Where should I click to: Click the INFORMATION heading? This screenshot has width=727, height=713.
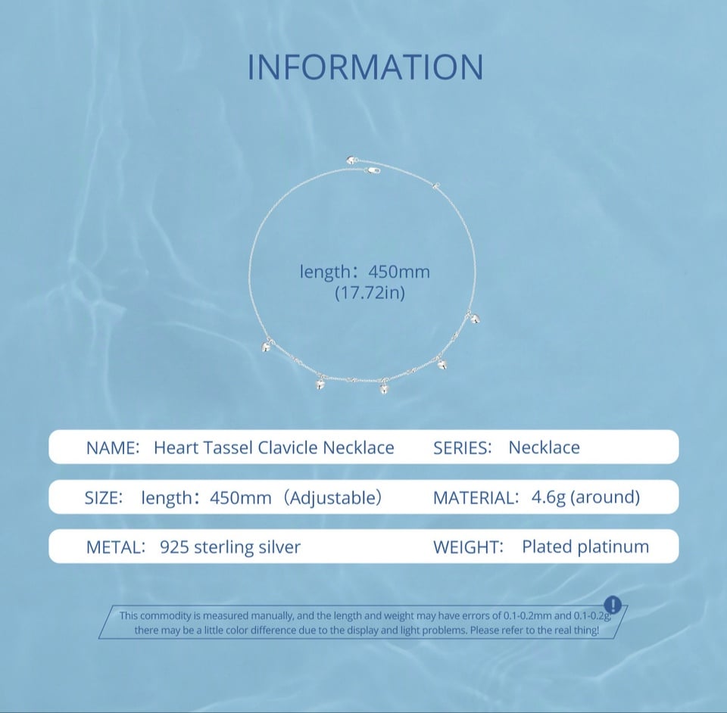(365, 67)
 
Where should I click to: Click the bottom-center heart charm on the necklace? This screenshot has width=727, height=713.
(384, 388)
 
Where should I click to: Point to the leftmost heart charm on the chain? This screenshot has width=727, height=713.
(267, 346)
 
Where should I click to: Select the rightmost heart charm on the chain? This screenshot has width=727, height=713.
(474, 319)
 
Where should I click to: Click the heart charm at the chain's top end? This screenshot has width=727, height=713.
(351, 160)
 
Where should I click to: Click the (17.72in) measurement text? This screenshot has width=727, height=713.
(370, 293)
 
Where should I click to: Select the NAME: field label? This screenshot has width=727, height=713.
(113, 447)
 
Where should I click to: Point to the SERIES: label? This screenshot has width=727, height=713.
(462, 447)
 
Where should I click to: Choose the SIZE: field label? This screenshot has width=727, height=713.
(104, 497)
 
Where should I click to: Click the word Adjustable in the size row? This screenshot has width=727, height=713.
(332, 497)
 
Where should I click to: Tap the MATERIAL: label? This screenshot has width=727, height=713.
(476, 497)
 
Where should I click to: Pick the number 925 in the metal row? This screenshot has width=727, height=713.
(174, 547)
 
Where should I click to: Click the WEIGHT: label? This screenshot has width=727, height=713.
(468, 547)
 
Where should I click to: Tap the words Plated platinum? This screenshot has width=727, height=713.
(585, 546)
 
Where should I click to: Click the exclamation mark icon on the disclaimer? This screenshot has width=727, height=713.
(613, 605)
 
